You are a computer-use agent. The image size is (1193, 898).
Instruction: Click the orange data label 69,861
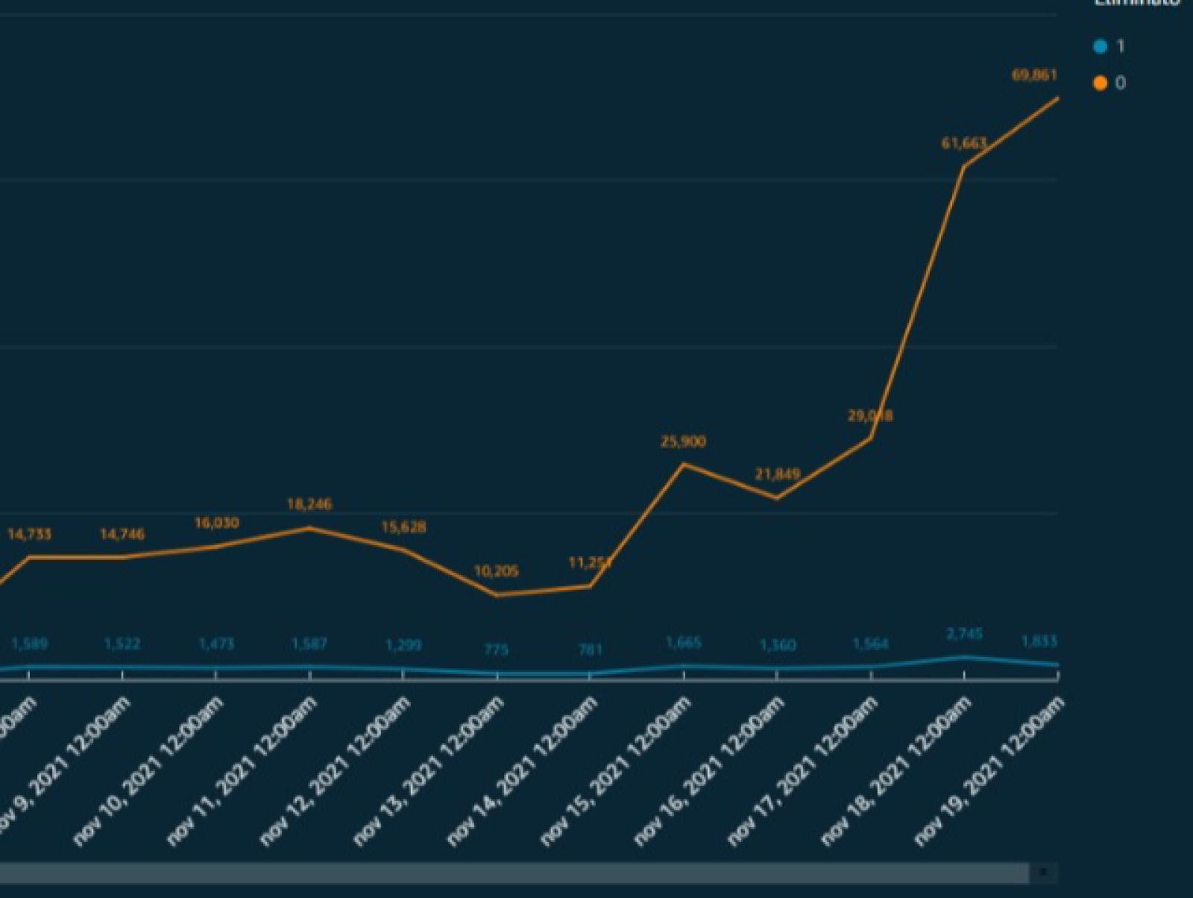(1034, 75)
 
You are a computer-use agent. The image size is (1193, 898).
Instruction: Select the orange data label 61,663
(963, 142)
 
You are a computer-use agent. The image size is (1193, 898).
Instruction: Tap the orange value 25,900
(682, 442)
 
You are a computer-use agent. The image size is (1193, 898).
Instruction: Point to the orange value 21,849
(777, 474)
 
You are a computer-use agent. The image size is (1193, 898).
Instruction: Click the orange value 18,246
(309, 504)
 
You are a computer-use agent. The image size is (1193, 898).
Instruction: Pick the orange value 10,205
(496, 571)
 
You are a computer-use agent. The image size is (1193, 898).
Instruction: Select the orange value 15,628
(403, 527)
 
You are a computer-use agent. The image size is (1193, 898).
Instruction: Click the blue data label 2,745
(964, 634)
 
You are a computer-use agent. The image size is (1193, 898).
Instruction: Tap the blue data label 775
(496, 650)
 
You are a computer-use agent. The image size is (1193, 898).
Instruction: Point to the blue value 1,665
(683, 642)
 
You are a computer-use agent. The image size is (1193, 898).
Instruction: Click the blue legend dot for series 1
(1100, 47)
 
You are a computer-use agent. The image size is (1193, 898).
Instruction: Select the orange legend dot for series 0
(1100, 83)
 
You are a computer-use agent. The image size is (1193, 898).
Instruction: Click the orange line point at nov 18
(964, 166)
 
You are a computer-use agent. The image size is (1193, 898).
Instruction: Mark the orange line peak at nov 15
(684, 464)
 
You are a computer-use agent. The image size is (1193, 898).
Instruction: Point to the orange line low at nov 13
(497, 595)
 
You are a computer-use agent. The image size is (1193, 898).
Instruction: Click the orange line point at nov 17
(871, 437)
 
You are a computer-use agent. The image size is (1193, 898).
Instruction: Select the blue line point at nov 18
(964, 657)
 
